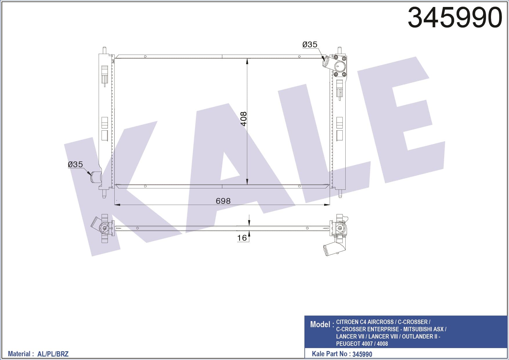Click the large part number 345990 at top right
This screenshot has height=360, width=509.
click(x=455, y=18)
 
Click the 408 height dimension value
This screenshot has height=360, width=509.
click(x=243, y=119)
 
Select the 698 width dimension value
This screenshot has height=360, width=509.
click(x=223, y=201)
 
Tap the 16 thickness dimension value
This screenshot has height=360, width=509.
click(x=242, y=238)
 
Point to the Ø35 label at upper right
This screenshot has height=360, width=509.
click(x=310, y=44)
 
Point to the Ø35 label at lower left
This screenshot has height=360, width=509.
click(x=75, y=164)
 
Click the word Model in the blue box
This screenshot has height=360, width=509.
click(x=320, y=324)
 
